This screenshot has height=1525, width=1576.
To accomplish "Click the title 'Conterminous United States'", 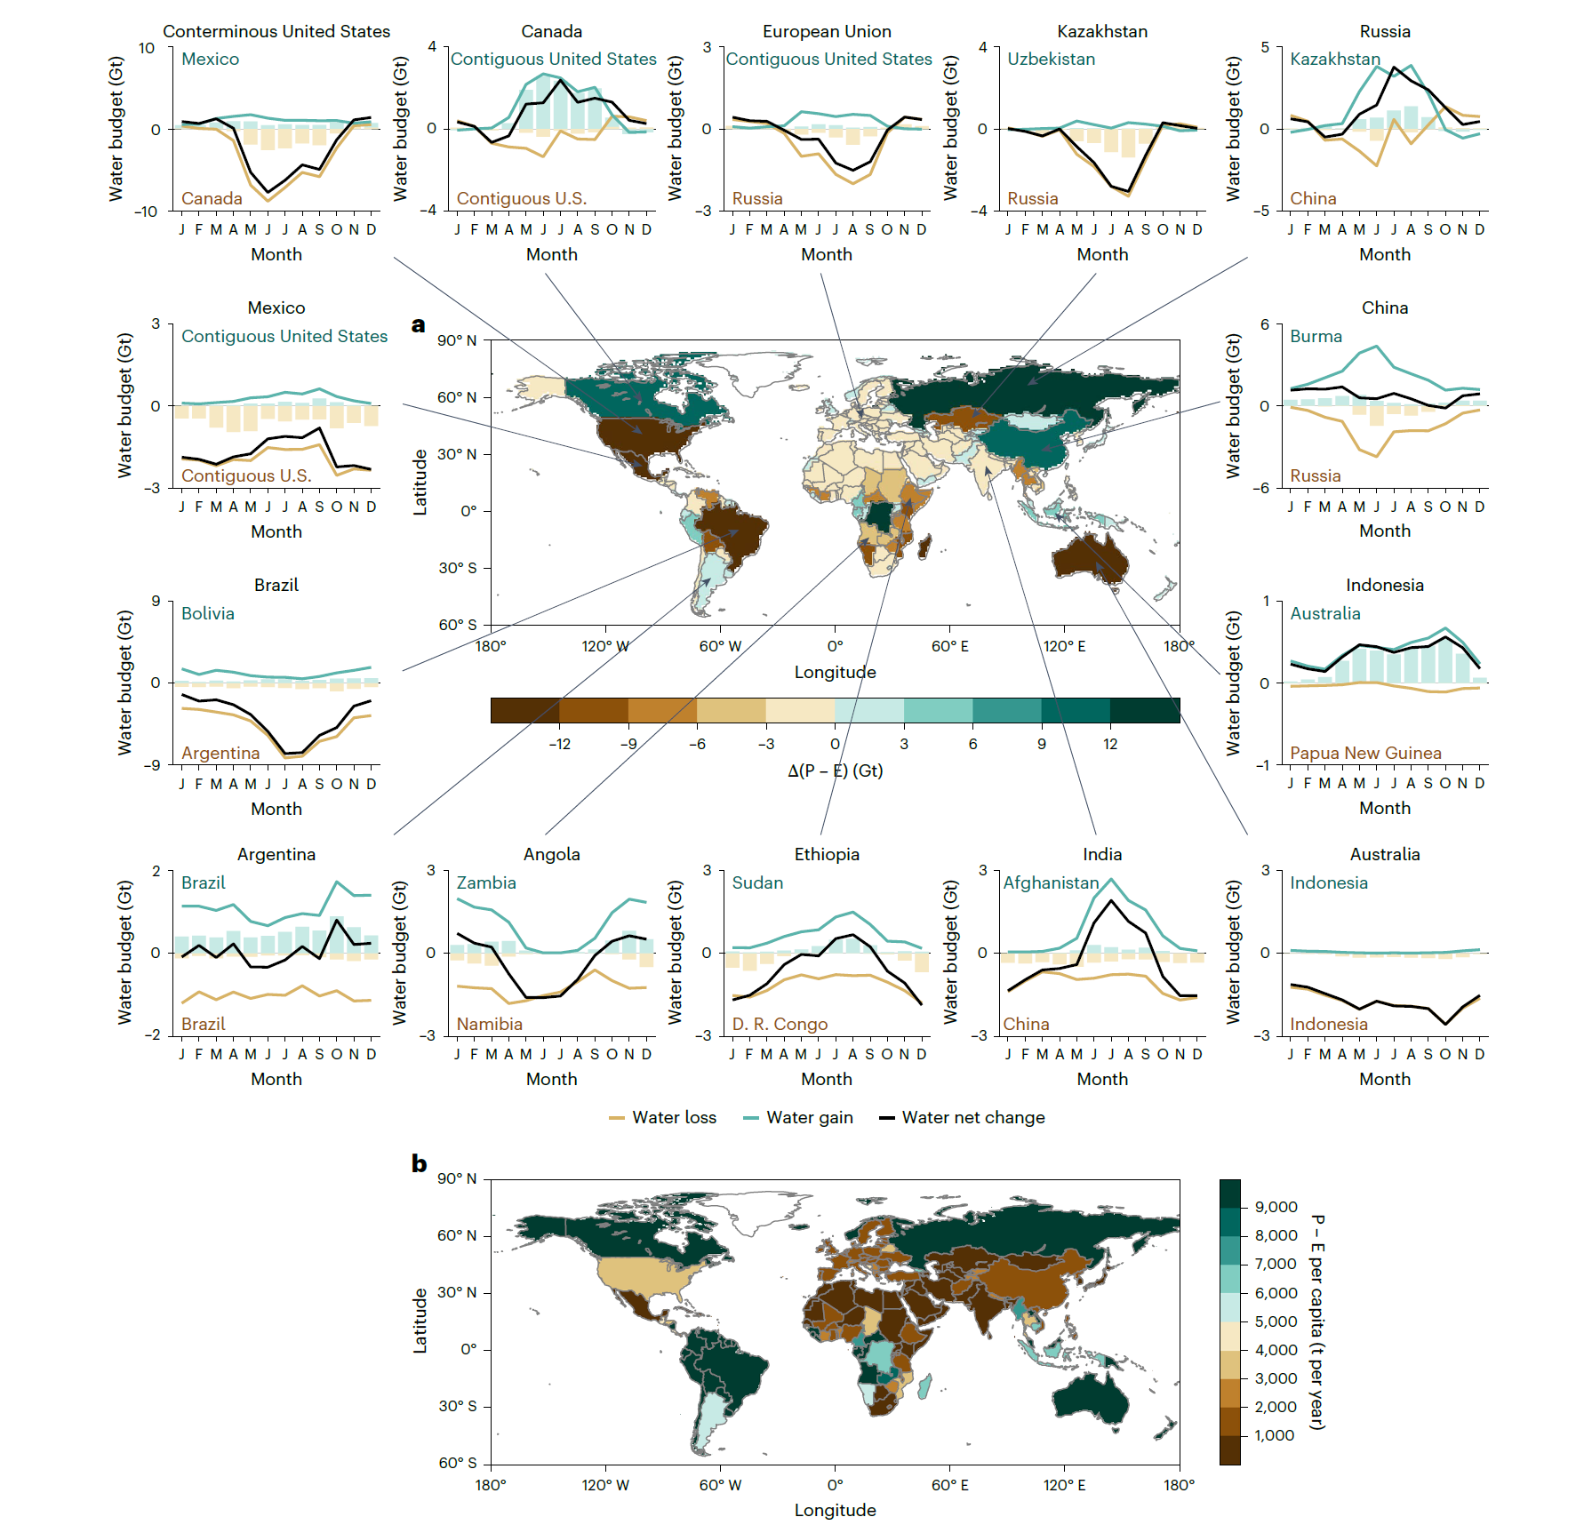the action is tap(276, 32).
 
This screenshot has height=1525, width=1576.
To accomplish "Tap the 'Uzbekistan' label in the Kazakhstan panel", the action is tap(1051, 60).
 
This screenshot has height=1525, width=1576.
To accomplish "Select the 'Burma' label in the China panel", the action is tap(1316, 337).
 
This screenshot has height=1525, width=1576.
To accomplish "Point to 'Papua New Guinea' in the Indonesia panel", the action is tap(1365, 754).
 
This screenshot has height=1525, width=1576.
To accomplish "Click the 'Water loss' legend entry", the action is tap(674, 1118).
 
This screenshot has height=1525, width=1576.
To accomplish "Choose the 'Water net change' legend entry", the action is tap(972, 1118).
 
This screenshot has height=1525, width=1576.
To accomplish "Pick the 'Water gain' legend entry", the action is tap(809, 1118).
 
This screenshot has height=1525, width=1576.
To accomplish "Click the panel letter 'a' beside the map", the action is tap(418, 325).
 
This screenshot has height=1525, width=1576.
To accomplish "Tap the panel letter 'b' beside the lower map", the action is tap(419, 1163).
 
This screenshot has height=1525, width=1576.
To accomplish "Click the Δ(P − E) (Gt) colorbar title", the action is tap(835, 770).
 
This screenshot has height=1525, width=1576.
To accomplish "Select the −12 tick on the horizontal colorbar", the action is tap(559, 744).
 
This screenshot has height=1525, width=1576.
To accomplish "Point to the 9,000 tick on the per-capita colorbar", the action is tap(1276, 1207).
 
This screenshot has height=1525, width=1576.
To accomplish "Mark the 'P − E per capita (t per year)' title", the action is tap(1317, 1321).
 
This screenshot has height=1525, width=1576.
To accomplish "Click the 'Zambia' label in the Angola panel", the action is tap(486, 883).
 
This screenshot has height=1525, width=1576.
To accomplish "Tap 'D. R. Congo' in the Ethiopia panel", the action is tap(780, 1025).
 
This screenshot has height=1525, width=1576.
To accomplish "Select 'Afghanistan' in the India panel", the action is tap(1052, 883).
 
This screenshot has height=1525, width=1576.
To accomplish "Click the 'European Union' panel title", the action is tap(827, 32).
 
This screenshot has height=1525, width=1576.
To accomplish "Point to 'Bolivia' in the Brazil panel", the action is tap(208, 614).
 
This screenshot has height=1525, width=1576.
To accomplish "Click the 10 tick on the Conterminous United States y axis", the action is tap(147, 48).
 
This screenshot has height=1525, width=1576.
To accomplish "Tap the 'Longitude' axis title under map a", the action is tap(835, 673).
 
